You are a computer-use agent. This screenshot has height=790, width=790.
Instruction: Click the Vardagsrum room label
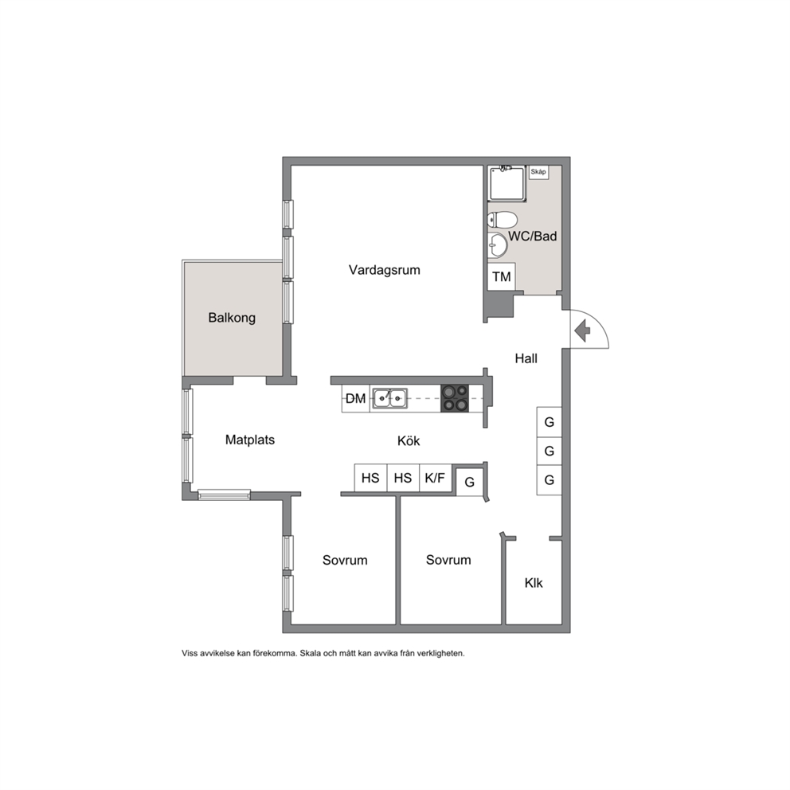pyautogui.click(x=385, y=270)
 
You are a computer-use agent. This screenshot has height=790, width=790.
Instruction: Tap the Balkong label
pyautogui.click(x=232, y=318)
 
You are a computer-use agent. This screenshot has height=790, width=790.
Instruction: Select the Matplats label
pyautogui.click(x=250, y=440)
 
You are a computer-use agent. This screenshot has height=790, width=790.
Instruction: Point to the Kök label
pyautogui.click(x=409, y=441)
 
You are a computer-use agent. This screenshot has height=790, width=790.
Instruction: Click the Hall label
pyautogui.click(x=526, y=358)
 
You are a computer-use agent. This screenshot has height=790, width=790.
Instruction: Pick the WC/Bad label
pyautogui.click(x=533, y=236)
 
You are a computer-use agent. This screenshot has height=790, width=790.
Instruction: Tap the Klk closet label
pyautogui.click(x=534, y=583)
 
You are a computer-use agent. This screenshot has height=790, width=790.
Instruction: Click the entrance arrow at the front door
pyautogui.click(x=582, y=331)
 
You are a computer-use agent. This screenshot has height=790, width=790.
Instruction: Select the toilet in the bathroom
pyautogui.click(x=503, y=220)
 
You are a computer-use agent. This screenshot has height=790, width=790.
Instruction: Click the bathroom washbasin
pyautogui.click(x=497, y=245)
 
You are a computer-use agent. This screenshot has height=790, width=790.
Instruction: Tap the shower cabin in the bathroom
pyautogui.click(x=507, y=183)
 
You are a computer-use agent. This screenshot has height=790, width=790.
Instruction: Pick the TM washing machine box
pyautogui.click(x=501, y=276)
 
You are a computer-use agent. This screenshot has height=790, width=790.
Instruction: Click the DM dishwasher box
pyautogui.click(x=356, y=398)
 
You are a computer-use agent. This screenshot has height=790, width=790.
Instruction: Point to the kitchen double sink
pyautogui.click(x=390, y=398)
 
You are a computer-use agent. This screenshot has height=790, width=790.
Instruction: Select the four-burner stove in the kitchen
pyautogui.click(x=455, y=398)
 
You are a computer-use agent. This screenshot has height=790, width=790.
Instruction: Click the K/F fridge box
pyautogui.click(x=435, y=478)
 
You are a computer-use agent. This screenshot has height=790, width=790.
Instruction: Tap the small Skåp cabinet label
pyautogui.click(x=538, y=172)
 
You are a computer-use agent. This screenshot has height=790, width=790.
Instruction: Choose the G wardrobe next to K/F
pyautogui.click(x=470, y=482)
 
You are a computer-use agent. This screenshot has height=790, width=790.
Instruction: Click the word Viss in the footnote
pyautogui.click(x=190, y=654)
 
